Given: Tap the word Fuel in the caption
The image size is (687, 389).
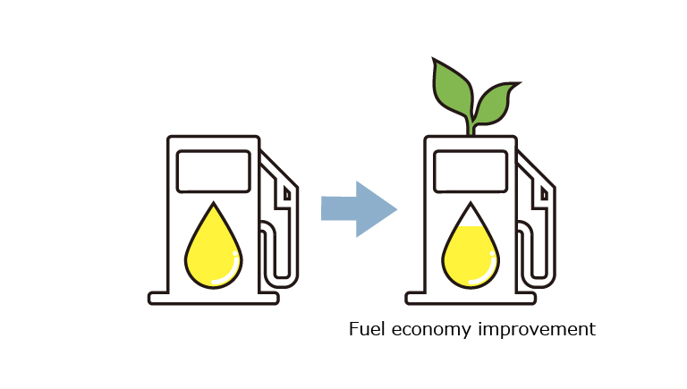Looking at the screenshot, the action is (x=367, y=328).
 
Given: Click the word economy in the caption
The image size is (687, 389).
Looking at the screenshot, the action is (x=430, y=330).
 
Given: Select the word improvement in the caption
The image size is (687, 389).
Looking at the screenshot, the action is (x=537, y=329).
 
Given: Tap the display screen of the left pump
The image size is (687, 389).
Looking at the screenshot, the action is (x=214, y=172).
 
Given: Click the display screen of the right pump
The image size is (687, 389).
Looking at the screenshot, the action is (x=471, y=172).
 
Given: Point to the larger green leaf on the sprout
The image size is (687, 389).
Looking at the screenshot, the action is (x=452, y=89).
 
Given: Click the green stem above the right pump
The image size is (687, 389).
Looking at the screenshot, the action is (x=471, y=127).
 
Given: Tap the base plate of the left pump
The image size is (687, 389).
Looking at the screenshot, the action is (x=214, y=299).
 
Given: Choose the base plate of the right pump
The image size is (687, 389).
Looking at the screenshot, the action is (x=471, y=299).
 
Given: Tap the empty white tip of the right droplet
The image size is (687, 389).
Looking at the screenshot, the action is (x=471, y=216).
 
